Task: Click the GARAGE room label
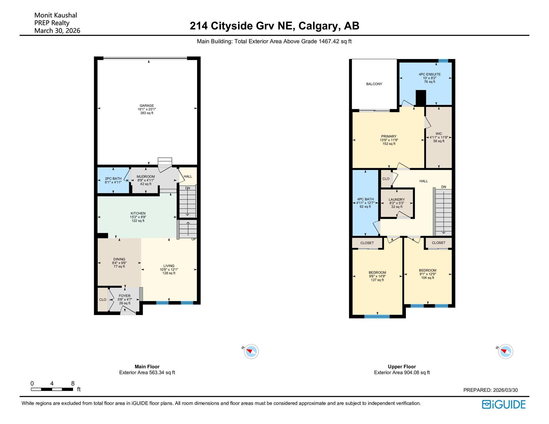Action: tap(147, 106)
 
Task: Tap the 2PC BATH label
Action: tap(113, 179)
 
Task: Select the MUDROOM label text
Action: tap(146, 177)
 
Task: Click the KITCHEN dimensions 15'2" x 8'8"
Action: tap(138, 217)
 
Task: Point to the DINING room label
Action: tap(119, 259)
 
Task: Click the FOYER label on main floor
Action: tap(125, 296)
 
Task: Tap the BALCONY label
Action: tap(374, 84)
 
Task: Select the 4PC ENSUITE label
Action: tap(429, 74)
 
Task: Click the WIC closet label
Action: tap(439, 134)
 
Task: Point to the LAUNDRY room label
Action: tap(397, 200)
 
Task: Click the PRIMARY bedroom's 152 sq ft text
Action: tap(389, 144)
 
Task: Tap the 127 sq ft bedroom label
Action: tap(377, 280)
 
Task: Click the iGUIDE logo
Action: tap(504, 404)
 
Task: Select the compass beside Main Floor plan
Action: tap(251, 351)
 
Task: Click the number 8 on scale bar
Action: tap(73, 383)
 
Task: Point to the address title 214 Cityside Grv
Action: tap(274, 26)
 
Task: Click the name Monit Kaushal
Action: tap(56, 15)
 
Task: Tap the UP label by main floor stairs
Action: tap(194, 239)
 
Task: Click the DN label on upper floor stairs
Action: tap(444, 187)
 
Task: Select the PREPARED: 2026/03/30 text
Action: tap(490, 390)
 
